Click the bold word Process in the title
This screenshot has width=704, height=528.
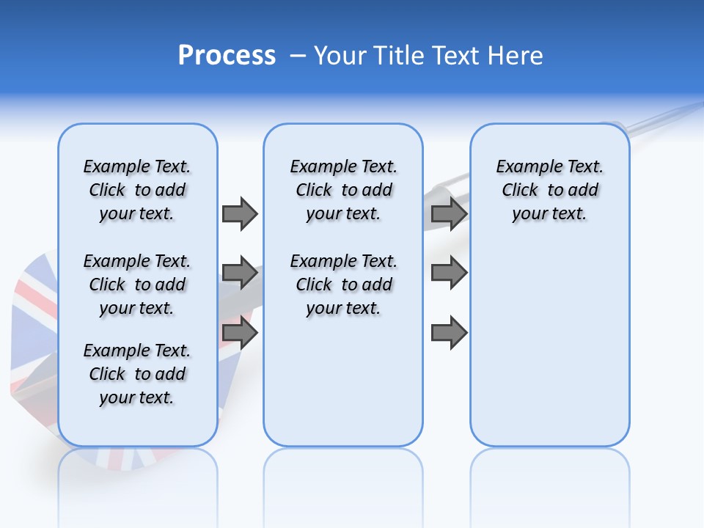(x=227, y=55)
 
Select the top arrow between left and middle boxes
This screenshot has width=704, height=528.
(x=240, y=213)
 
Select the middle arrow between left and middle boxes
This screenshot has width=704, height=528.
(x=240, y=273)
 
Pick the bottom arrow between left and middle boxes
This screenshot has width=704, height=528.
(x=240, y=333)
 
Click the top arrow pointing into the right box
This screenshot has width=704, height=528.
(x=449, y=213)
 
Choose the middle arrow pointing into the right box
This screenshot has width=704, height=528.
(x=449, y=273)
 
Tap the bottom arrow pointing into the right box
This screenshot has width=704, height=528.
(x=449, y=333)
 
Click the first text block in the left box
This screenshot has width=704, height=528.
(x=137, y=190)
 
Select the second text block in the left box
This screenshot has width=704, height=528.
(x=137, y=285)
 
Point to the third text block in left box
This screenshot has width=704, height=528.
(x=137, y=374)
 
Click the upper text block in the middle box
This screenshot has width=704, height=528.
(x=343, y=190)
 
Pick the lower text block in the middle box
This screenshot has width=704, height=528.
(x=343, y=285)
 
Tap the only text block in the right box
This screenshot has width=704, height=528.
(x=549, y=190)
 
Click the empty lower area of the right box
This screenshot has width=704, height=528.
(x=549, y=352)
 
